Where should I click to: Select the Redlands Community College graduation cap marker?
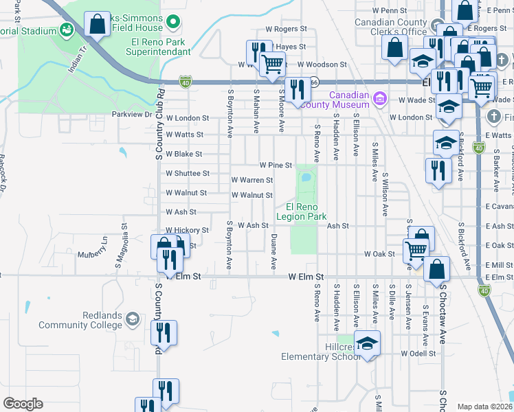pos(133,319)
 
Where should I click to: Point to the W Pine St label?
pos(276,165)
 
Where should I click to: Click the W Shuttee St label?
pos(187,174)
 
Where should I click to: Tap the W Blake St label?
pos(183,154)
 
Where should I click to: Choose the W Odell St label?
pos(418,354)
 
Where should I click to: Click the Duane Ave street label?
pos(273,251)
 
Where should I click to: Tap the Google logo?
pos(23,403)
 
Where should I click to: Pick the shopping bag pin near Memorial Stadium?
pos(98,25)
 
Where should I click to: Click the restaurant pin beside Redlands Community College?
pos(164,333)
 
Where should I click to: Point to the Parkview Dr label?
pos(131,115)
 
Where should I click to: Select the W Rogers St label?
pos(285,29)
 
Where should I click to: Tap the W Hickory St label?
pos(187,231)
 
